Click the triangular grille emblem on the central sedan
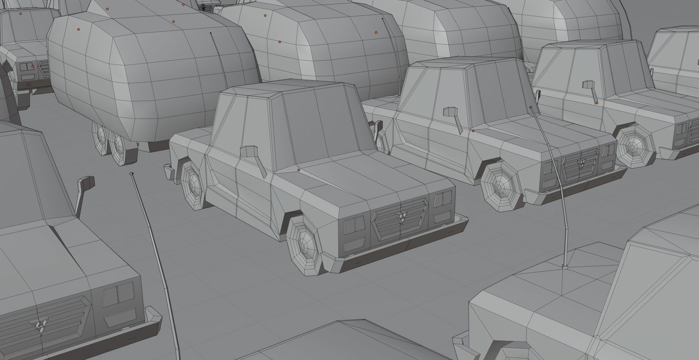point(401,217)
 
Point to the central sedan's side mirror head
point(249,152)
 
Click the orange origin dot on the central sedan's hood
point(298,170)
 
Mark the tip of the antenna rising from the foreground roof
point(531,107)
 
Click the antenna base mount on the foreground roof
point(565,266)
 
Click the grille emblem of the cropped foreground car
point(40,325)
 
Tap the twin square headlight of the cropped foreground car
point(118,293)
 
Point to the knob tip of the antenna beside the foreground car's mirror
point(132,174)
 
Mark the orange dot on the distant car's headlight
point(33,67)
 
